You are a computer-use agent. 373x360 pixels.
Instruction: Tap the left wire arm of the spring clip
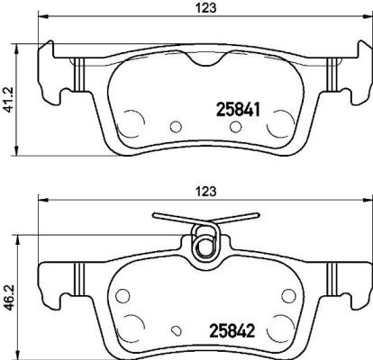(171, 218)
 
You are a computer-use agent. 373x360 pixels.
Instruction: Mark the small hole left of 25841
(177, 126)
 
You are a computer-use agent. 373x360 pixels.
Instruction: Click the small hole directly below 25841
(236, 129)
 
